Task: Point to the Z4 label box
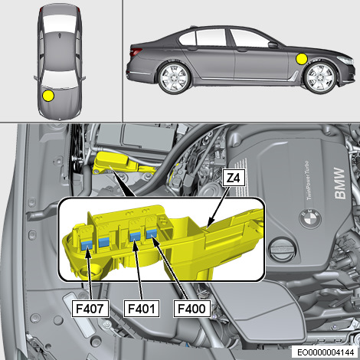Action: [x=234, y=178]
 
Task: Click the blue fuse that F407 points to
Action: [x=89, y=244]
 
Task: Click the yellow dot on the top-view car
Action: [x=48, y=96]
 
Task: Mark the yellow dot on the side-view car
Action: [x=302, y=58]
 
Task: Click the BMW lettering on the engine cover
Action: [x=342, y=186]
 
